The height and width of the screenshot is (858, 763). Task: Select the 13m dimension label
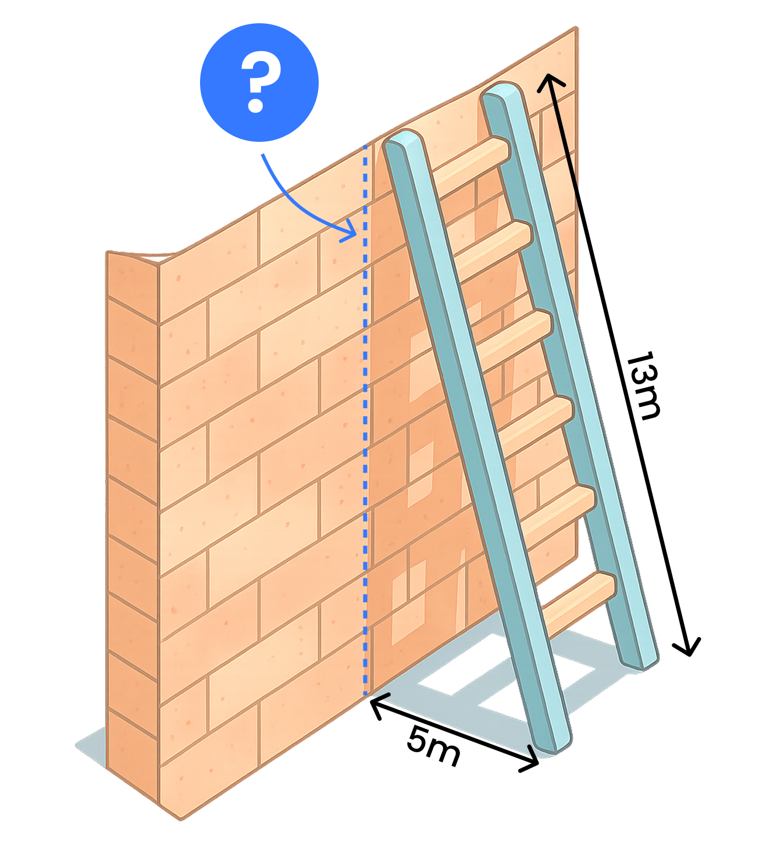tap(644, 385)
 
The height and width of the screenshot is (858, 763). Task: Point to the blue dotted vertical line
tap(365, 419)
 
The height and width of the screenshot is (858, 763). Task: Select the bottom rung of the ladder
tap(578, 597)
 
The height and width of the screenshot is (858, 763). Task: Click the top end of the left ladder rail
tap(405, 138)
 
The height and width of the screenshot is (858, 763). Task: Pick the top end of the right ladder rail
tap(502, 90)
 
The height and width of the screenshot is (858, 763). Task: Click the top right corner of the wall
tap(576, 28)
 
